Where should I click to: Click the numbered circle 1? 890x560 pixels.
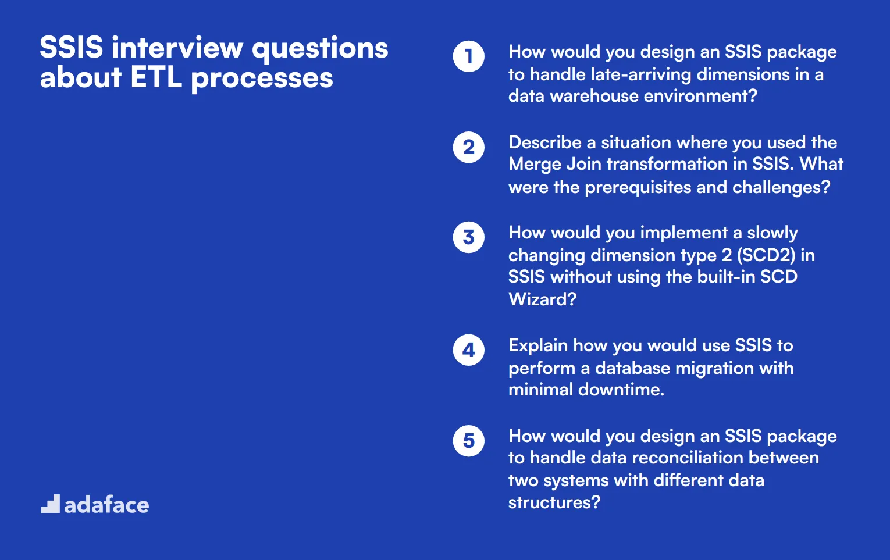click(x=468, y=56)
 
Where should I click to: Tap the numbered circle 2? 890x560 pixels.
click(x=468, y=147)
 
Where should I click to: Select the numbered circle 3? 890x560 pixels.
click(x=468, y=237)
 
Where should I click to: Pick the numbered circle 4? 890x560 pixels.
click(x=468, y=350)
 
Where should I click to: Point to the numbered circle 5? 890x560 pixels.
click(x=468, y=441)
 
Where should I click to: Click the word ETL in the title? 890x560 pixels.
click(x=156, y=78)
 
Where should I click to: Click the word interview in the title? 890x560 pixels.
click(x=177, y=48)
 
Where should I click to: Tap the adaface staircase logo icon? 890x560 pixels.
click(x=51, y=504)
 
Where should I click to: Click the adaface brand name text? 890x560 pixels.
click(x=106, y=505)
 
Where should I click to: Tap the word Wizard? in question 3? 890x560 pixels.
click(x=542, y=299)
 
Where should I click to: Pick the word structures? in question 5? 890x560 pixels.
click(x=554, y=502)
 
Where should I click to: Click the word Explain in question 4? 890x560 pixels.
click(x=537, y=345)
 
